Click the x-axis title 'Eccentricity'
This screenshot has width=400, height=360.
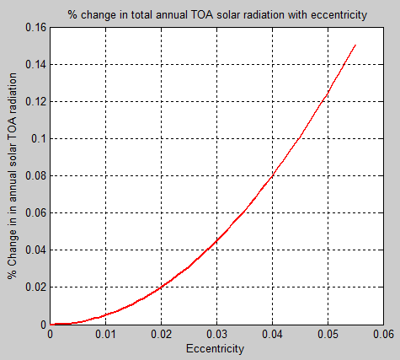[216, 347]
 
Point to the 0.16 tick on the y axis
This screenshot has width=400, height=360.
[36, 27]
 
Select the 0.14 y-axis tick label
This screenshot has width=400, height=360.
[36, 64]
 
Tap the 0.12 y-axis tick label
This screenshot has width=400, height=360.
[36, 101]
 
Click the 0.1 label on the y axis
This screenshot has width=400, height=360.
[40, 138]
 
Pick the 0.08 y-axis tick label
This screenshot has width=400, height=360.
[36, 175]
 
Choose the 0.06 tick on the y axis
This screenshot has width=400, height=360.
[36, 212]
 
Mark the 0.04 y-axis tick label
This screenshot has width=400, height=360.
[36, 250]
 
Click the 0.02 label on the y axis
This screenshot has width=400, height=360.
[36, 287]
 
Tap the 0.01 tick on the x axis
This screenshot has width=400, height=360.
[105, 335]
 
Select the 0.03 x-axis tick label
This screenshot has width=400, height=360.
[216, 335]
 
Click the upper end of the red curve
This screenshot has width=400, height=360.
[355, 45]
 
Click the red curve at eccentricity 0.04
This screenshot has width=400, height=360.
[272, 176]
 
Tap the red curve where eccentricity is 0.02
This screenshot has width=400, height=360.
[161, 287]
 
